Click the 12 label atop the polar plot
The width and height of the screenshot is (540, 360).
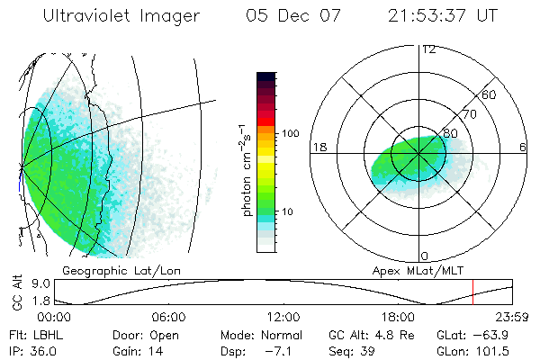pyautogui.click(x=428, y=49)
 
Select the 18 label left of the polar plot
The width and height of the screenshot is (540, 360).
pyautogui.click(x=318, y=147)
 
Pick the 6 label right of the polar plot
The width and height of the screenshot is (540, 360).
pyautogui.click(x=523, y=147)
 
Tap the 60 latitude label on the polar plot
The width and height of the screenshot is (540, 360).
pyautogui.click(x=490, y=94)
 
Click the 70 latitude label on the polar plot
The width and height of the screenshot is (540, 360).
pyautogui.click(x=468, y=114)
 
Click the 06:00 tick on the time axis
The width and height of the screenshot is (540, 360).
pyautogui.click(x=168, y=318)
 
